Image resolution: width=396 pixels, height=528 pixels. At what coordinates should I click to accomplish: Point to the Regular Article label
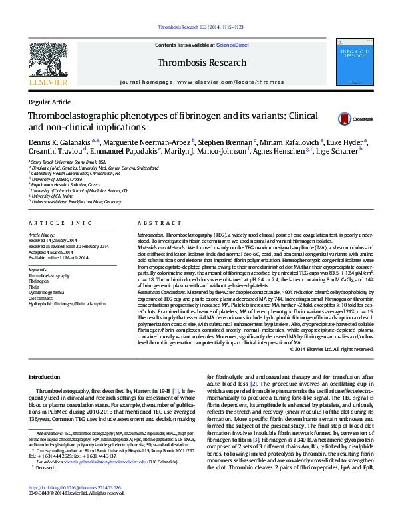[x=49, y=102]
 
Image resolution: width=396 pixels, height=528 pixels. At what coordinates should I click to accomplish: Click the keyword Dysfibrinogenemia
[x=46, y=292]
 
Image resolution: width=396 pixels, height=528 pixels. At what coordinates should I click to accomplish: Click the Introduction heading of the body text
[x=44, y=377]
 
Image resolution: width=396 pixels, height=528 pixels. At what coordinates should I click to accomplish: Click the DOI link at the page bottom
[x=75, y=506]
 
